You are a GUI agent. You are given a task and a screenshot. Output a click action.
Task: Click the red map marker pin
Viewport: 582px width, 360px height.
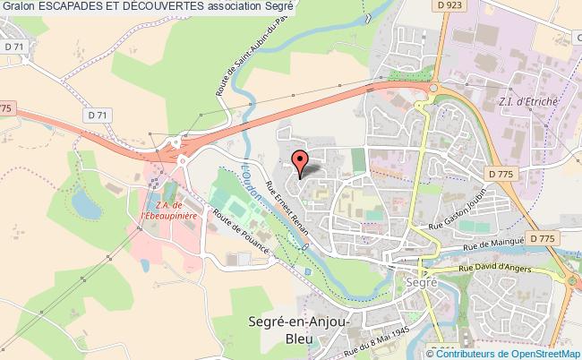click(x=301, y=160)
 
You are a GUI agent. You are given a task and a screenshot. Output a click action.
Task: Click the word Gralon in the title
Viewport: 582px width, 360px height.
click(x=19, y=6)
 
